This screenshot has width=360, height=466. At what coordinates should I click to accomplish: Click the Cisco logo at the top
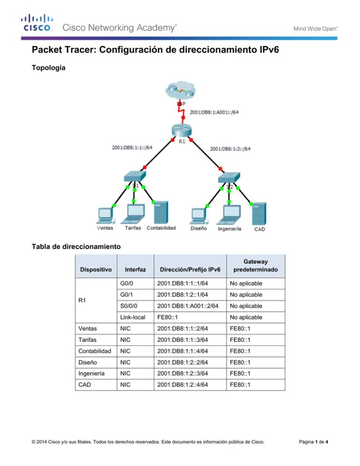(36, 23)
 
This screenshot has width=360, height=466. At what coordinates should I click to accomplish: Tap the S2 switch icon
(229, 177)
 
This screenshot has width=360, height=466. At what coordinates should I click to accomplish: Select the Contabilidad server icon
(161, 212)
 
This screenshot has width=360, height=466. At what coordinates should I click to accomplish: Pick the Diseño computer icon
(199, 214)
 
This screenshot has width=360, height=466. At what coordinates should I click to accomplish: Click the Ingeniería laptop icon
(229, 214)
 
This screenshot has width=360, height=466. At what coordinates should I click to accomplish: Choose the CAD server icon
(259, 213)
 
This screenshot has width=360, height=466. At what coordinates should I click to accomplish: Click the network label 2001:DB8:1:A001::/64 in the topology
(214, 112)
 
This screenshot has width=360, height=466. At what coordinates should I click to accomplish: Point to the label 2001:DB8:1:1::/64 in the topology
(132, 147)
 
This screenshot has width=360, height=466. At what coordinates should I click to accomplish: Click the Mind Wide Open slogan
(315, 29)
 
